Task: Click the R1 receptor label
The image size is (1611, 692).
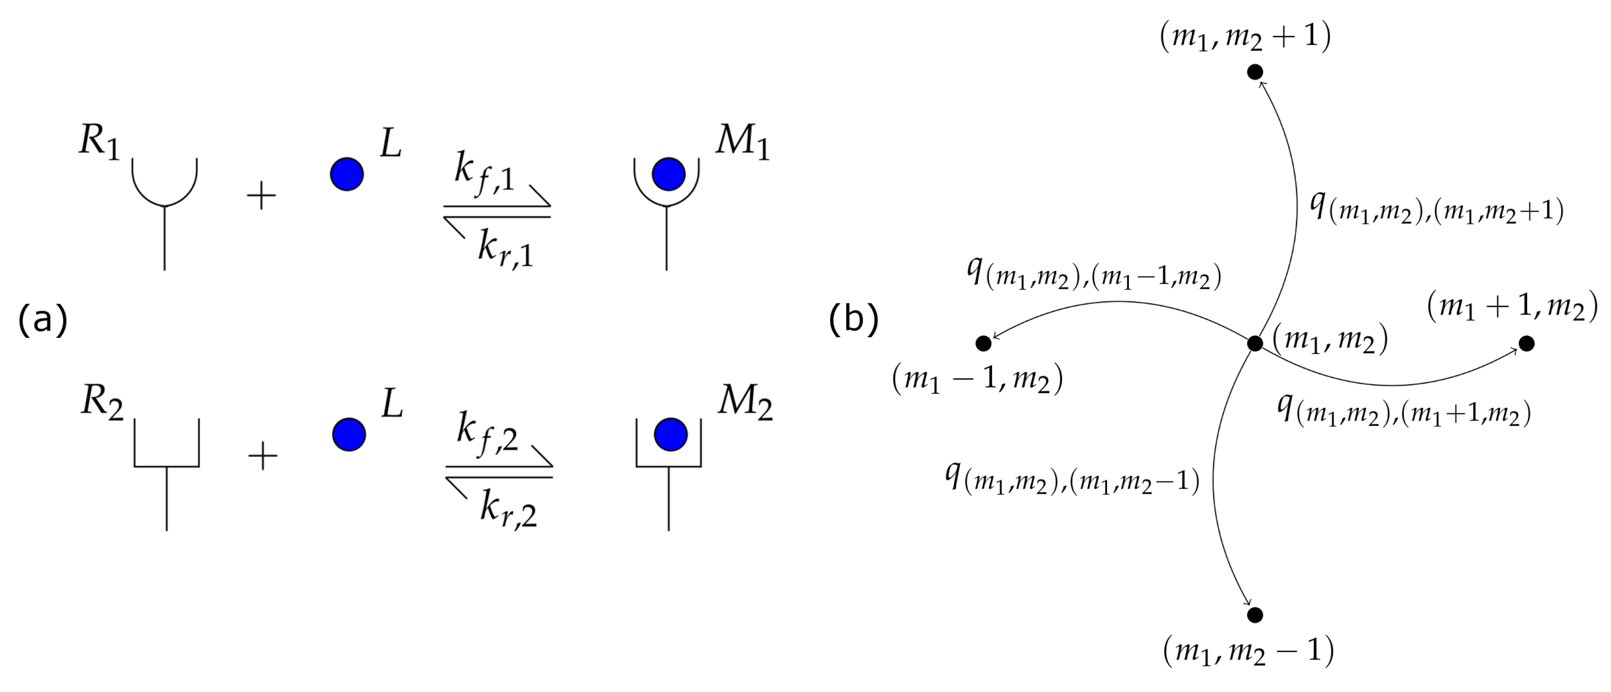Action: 99,143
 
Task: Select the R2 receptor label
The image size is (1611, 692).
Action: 101,403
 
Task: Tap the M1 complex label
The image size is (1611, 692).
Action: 743,143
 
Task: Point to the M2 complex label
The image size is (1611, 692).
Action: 745,403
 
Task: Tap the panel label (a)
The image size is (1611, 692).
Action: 43,320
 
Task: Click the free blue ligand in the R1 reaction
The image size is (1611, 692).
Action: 347,174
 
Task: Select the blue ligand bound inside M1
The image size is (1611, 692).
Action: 668,174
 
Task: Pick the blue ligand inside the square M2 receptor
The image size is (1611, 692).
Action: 670,435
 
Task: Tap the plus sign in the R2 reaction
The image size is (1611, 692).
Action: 263,456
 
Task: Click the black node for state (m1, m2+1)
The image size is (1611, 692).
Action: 1255,73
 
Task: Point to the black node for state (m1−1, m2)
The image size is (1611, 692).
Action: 983,343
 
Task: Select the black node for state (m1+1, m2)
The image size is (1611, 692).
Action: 1527,343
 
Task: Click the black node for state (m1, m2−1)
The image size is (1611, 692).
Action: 1255,615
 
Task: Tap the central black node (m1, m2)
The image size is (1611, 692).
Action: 1255,343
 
